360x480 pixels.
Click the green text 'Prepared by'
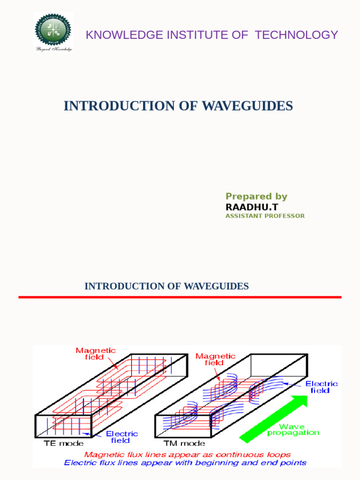click(x=256, y=196)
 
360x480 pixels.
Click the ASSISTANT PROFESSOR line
click(x=265, y=216)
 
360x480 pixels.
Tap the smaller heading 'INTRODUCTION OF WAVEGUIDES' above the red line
click(x=166, y=286)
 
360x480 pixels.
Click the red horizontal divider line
click(x=180, y=297)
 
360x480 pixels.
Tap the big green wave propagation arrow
click(x=275, y=419)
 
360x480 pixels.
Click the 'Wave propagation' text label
click(x=293, y=430)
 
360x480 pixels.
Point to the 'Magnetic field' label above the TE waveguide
click(x=96, y=354)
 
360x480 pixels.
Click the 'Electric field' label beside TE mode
click(x=122, y=437)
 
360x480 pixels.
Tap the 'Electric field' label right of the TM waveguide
click(x=322, y=387)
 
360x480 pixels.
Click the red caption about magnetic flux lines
click(x=187, y=455)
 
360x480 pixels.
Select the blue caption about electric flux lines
click(x=185, y=463)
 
